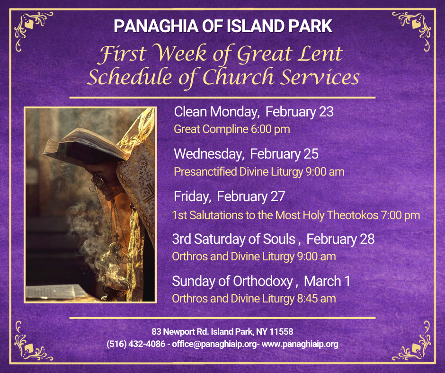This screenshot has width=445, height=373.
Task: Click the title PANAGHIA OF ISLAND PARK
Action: click(223, 26)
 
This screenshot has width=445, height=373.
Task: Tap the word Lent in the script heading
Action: click(320, 53)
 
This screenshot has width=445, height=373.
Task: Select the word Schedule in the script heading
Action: click(130, 77)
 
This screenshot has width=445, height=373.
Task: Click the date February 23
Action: click(299, 112)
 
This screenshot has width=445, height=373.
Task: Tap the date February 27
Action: click(251, 196)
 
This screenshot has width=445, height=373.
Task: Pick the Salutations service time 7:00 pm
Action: click(400, 215)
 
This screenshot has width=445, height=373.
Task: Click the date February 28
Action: click(340, 239)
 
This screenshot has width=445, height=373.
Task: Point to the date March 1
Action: click(327, 281)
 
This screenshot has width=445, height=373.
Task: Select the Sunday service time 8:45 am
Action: click(316, 299)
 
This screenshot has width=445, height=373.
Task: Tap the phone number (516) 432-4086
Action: click(136, 344)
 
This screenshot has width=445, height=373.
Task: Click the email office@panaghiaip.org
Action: click(214, 344)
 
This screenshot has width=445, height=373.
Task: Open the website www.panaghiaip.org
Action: click(300, 344)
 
